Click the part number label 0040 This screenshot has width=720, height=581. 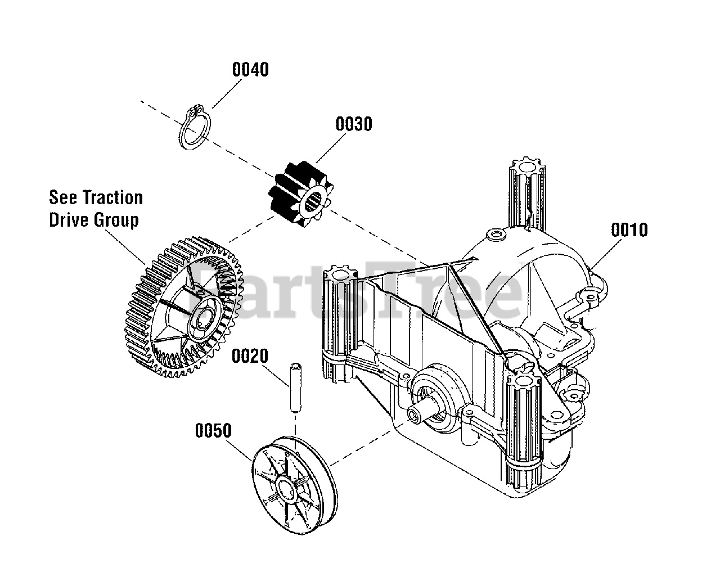click(x=250, y=70)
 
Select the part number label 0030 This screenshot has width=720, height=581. click(x=354, y=124)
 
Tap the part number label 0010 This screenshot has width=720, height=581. click(x=629, y=230)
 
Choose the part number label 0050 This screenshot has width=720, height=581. click(x=213, y=431)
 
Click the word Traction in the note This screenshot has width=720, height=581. click(x=112, y=198)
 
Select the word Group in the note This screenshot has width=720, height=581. click(x=116, y=219)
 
